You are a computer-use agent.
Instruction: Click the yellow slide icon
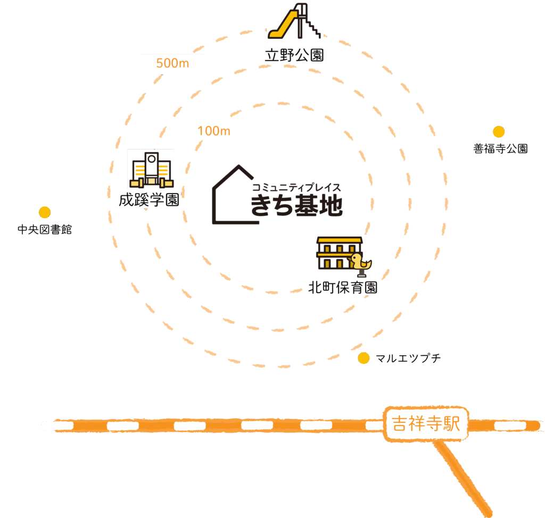(x=294, y=22)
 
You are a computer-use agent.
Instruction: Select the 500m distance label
(x=172, y=64)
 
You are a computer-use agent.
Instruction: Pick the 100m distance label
(x=213, y=130)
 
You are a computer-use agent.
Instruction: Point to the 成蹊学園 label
(x=150, y=200)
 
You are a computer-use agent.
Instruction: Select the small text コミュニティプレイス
(x=296, y=187)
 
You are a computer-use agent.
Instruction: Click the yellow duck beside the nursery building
(x=362, y=263)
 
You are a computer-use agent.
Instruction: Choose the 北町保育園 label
(x=343, y=288)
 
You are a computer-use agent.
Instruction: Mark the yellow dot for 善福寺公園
(x=498, y=131)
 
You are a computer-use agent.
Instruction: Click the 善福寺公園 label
(x=500, y=149)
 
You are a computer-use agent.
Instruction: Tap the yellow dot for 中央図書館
(x=45, y=212)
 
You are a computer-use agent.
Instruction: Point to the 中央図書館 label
(x=45, y=230)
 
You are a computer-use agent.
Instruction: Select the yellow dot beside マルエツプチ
(x=364, y=358)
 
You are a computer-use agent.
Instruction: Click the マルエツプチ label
(x=408, y=358)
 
